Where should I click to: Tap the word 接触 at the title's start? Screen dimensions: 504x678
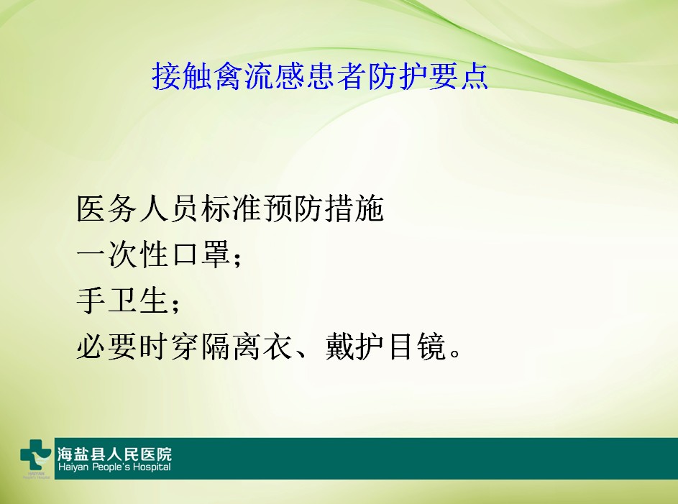click(173, 75)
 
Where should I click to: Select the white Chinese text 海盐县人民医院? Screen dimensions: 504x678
click(114, 454)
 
